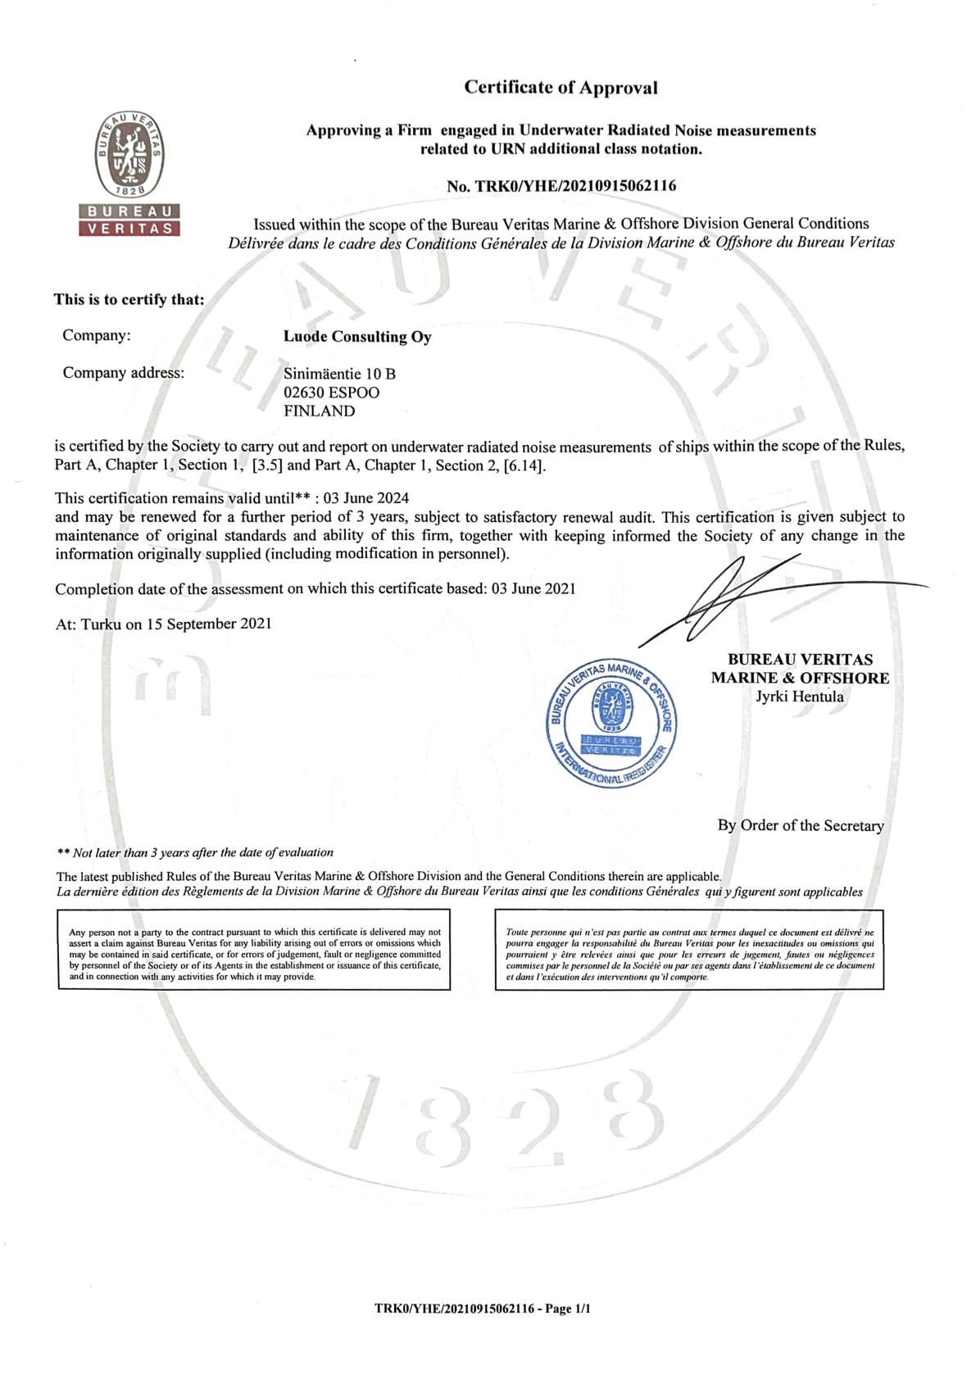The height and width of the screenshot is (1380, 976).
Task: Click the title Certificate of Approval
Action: coord(561,87)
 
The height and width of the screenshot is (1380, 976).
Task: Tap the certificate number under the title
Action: coord(561,186)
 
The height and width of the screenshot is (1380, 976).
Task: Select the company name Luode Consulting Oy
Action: coord(356,336)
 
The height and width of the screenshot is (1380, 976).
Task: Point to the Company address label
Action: coord(124,373)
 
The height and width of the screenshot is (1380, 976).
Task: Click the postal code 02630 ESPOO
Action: coord(331,393)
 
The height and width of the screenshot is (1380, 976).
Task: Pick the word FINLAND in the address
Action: coord(319,411)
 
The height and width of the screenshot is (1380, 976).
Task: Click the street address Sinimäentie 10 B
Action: coord(339,374)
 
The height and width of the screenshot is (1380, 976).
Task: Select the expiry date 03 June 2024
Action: coord(366,498)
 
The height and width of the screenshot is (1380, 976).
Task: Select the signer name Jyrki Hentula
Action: coord(799,697)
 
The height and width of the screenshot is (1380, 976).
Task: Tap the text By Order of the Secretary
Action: coord(800,825)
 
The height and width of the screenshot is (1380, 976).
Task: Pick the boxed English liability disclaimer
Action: coord(254,955)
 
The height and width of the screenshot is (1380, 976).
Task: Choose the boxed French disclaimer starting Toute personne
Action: coord(689,955)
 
